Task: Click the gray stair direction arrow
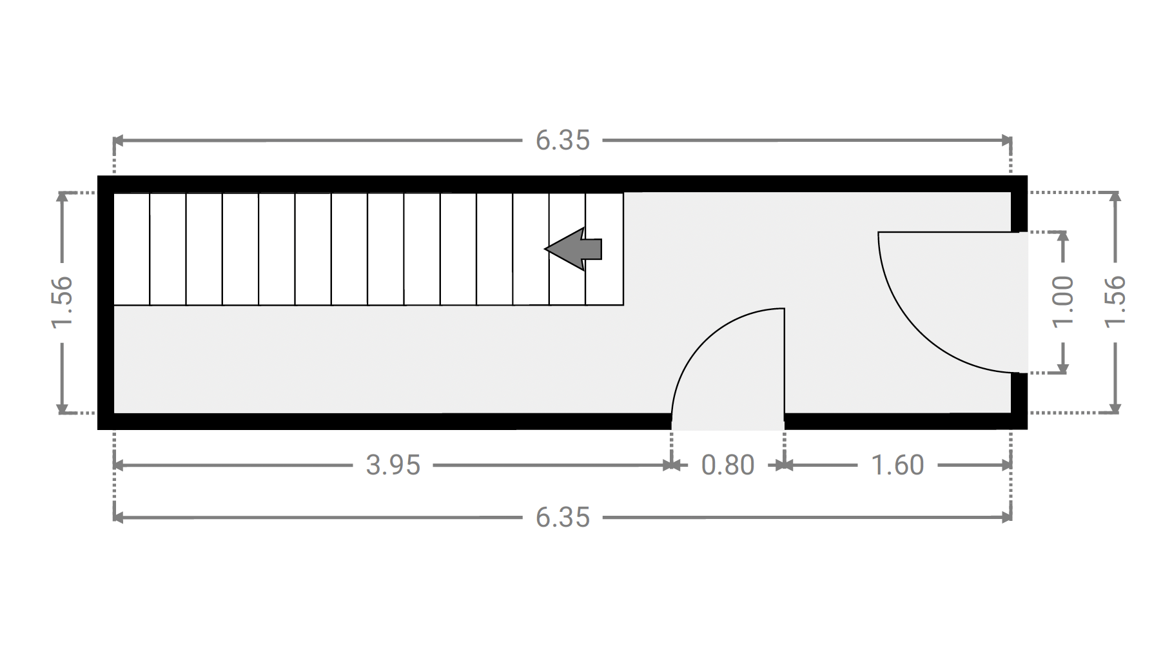(x=574, y=249)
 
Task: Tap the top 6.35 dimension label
(x=563, y=141)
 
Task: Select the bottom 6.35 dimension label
(x=563, y=517)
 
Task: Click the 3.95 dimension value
(x=393, y=465)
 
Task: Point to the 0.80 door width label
(x=728, y=465)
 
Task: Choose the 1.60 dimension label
(x=897, y=465)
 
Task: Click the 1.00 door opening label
(x=1063, y=302)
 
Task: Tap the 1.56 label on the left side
(x=62, y=302)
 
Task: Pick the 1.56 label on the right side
(x=1116, y=302)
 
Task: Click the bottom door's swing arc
(x=705, y=341)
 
